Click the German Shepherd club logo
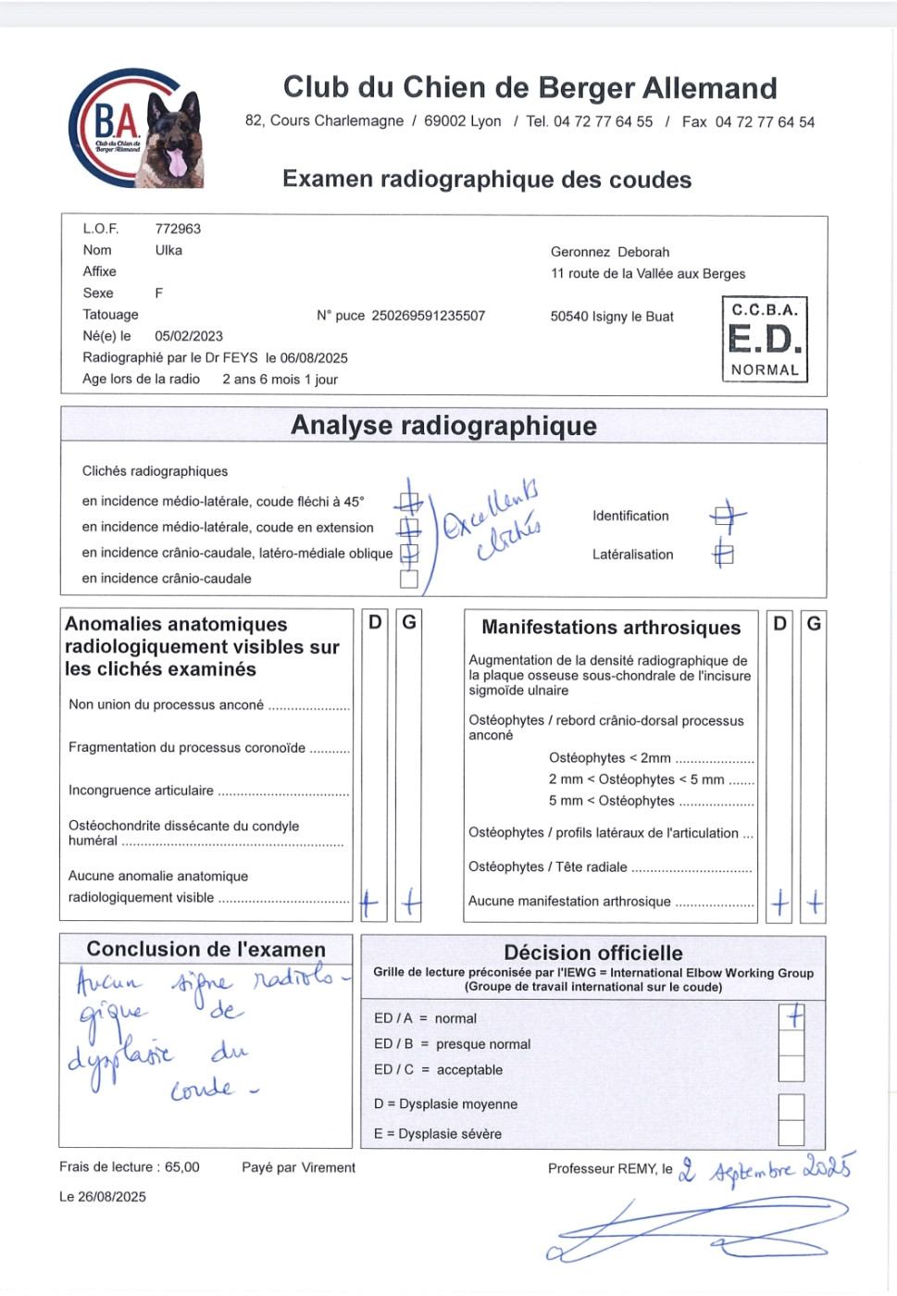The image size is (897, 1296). pos(136,129)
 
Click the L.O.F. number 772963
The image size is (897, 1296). pos(178,229)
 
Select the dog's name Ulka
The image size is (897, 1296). pos(168,250)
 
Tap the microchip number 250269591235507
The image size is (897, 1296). pos(428,316)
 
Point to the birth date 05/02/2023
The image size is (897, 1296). pos(189,336)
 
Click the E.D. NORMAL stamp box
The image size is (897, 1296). pos(764,339)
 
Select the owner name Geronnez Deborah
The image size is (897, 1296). pos(609,252)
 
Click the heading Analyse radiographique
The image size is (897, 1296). pos(443,426)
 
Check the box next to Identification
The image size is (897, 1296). pos(727,516)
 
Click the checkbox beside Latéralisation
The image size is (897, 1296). pos(724,555)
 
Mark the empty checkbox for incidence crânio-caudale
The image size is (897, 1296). pos(409,579)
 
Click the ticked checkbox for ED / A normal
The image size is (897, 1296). pos(791,1017)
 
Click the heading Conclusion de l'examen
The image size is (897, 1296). pos(206,949)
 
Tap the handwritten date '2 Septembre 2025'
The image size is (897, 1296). pos(766,1169)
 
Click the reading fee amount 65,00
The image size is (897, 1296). pos(181,1167)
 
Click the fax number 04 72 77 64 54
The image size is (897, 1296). pos(765,122)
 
